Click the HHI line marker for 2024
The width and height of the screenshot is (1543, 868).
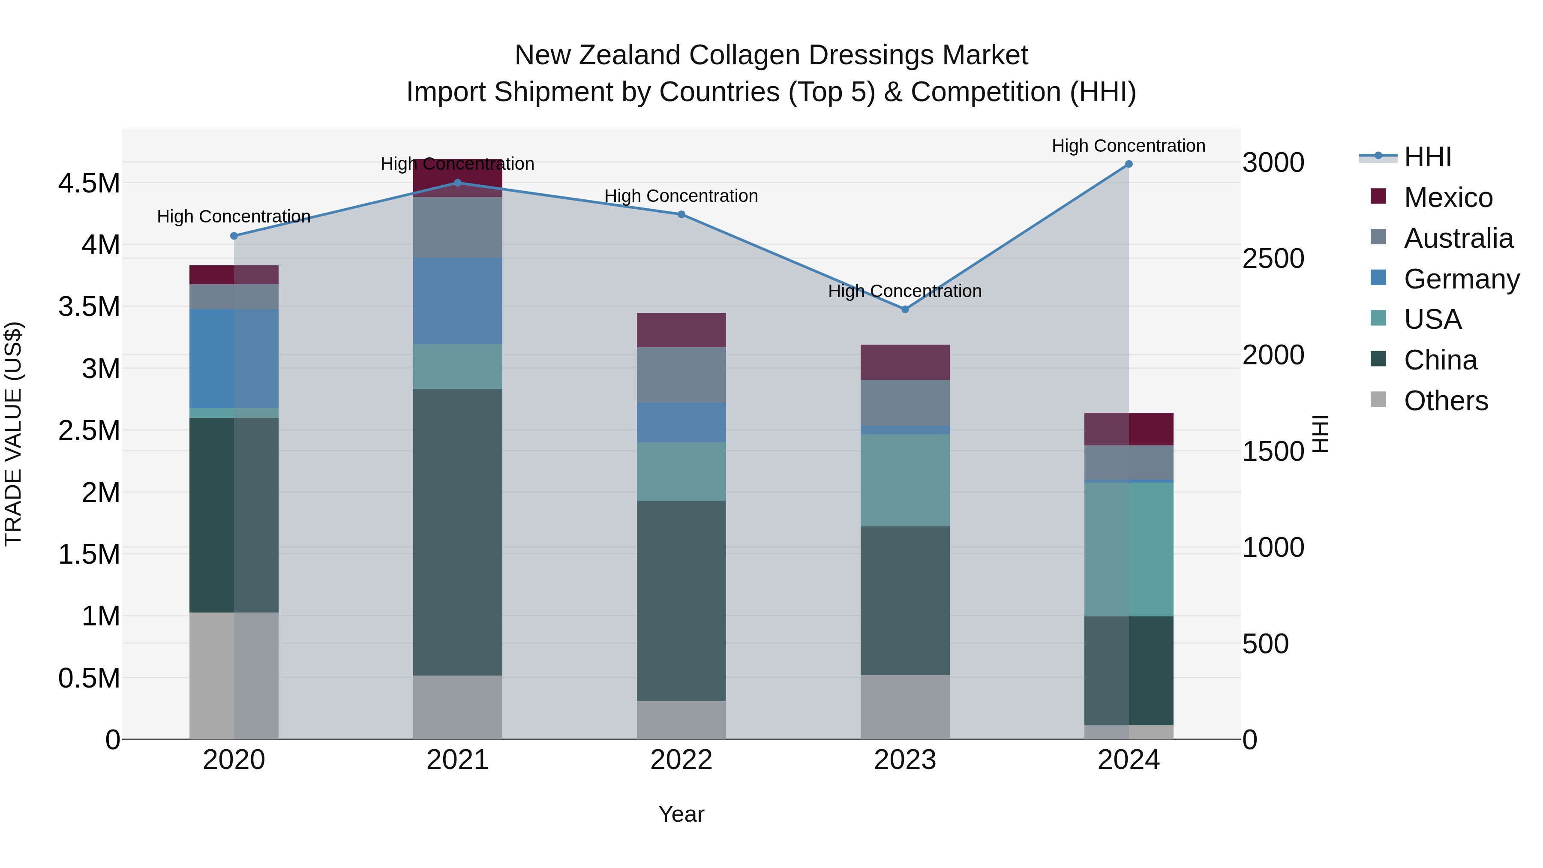(1129, 164)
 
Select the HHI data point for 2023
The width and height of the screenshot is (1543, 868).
(905, 309)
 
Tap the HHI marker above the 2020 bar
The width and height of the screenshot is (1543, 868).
(234, 236)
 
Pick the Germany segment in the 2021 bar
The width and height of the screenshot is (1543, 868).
(458, 301)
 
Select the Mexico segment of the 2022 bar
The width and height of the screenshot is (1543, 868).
(681, 330)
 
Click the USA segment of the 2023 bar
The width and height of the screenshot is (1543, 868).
(905, 481)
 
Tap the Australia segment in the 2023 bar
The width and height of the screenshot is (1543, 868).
(905, 402)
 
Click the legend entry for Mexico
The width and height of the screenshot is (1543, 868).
(1448, 198)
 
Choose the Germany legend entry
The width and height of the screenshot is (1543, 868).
(1461, 279)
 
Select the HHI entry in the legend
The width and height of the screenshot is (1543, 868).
(1427, 157)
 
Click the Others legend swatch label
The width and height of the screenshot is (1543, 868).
(1445, 401)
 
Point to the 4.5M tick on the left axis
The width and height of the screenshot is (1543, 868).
(89, 183)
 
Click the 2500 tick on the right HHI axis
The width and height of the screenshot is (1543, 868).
(1273, 259)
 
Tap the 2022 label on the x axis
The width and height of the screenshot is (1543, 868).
(681, 760)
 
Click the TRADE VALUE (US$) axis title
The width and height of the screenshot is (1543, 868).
(13, 434)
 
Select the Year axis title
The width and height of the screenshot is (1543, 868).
(681, 814)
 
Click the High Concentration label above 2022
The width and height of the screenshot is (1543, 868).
(681, 196)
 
